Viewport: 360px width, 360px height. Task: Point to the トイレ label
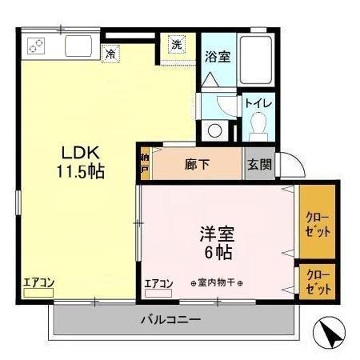(x=258, y=102)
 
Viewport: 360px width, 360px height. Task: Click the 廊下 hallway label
(x=197, y=165)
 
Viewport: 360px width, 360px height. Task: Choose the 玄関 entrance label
(x=259, y=165)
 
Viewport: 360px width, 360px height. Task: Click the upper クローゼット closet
(x=317, y=222)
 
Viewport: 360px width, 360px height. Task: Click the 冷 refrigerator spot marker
(x=111, y=54)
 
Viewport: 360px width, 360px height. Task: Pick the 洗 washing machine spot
(x=176, y=45)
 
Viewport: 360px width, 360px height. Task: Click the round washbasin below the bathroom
(x=214, y=130)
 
